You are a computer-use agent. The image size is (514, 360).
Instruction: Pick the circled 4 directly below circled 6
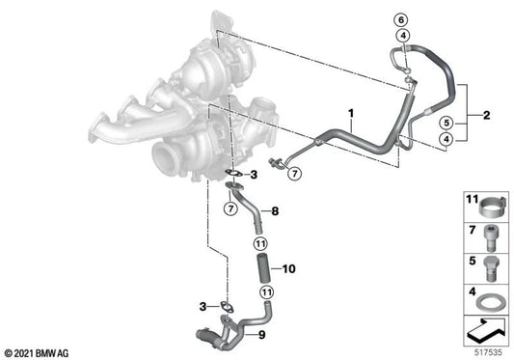(402, 36)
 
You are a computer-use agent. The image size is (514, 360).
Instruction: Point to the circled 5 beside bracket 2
(446, 123)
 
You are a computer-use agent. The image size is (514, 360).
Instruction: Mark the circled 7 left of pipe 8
(231, 209)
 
